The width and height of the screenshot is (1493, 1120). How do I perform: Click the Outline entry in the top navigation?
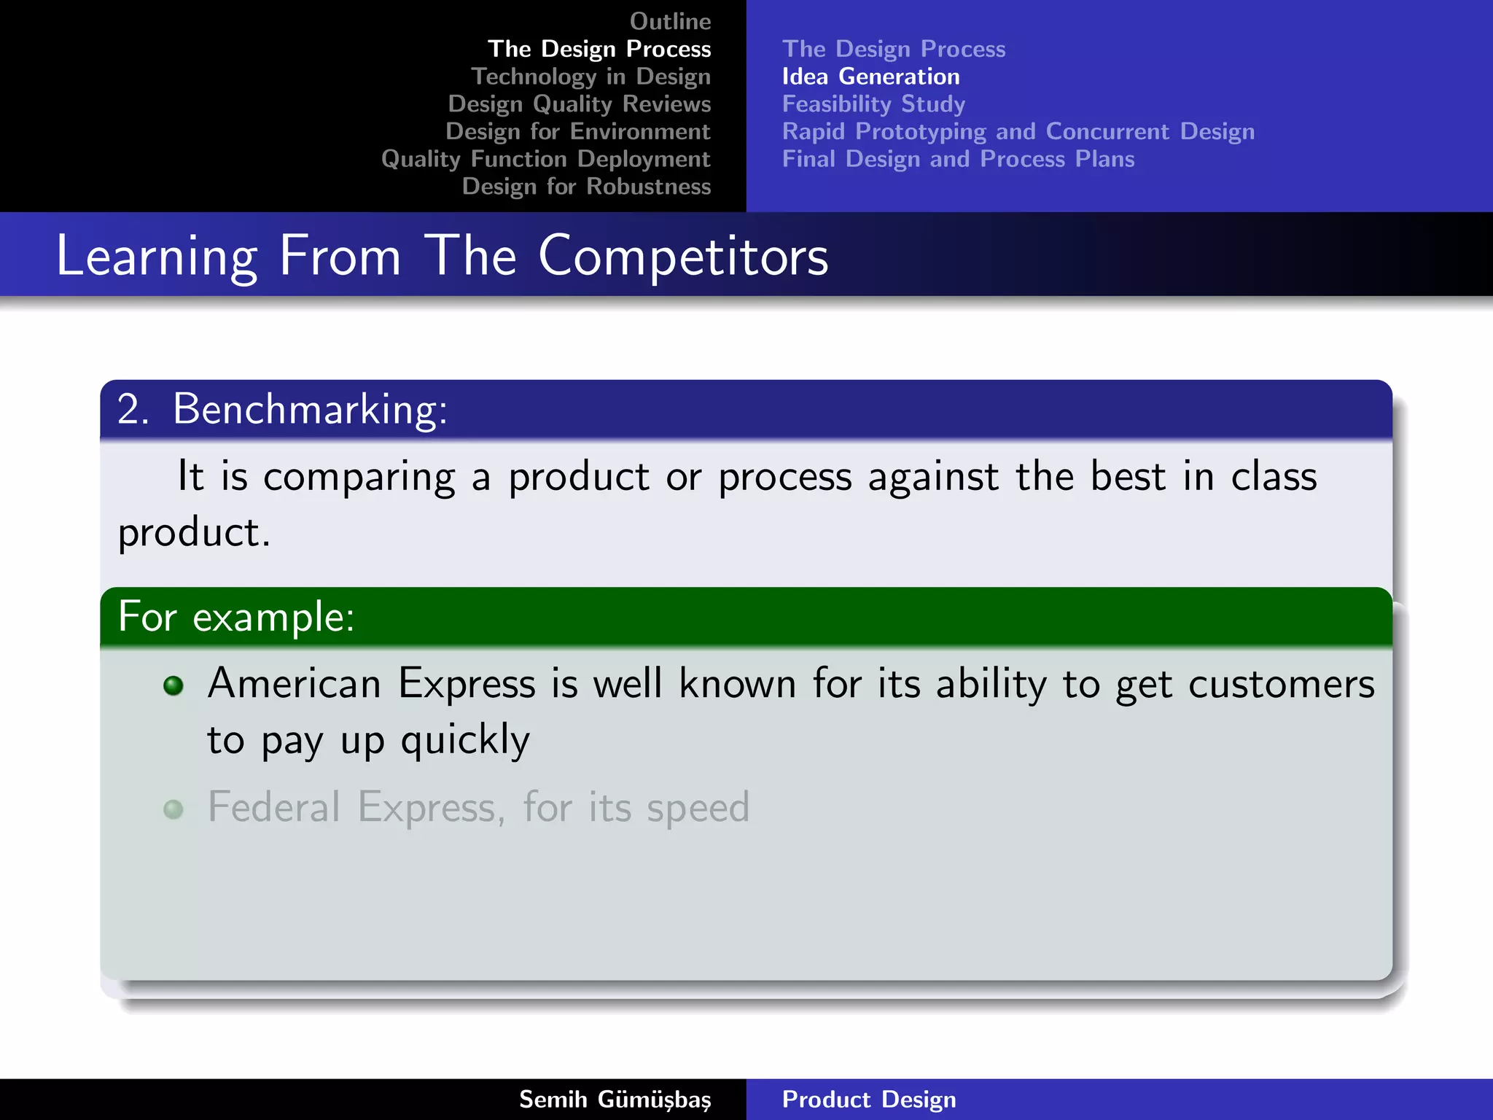click(670, 21)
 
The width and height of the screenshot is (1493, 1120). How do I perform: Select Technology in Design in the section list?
click(590, 77)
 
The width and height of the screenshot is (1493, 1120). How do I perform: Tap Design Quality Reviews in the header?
click(579, 104)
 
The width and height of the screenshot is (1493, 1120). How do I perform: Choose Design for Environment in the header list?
click(577, 131)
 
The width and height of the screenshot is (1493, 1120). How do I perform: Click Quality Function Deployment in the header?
click(545, 159)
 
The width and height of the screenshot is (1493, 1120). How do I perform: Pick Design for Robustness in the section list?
click(586, 187)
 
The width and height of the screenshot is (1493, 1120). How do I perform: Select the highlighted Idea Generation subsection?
click(870, 77)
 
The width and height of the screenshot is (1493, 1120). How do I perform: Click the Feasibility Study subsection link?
click(873, 104)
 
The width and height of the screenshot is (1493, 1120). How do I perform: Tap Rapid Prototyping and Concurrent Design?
click(1018, 131)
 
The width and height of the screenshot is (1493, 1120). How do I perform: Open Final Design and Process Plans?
click(958, 159)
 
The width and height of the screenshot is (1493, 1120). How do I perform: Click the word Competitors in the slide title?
click(683, 256)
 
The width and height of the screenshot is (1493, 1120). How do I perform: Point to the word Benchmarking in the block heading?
click(309, 409)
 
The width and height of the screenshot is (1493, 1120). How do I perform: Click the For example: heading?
click(236, 617)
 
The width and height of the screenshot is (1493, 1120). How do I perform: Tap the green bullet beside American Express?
click(174, 685)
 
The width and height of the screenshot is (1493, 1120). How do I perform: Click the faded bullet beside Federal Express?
click(174, 809)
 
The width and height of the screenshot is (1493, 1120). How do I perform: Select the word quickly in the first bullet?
click(465, 741)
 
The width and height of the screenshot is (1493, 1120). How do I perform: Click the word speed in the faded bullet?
click(698, 808)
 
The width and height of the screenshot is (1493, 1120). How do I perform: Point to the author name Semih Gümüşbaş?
click(615, 1100)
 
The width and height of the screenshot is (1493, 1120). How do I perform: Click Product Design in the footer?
click(869, 1100)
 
